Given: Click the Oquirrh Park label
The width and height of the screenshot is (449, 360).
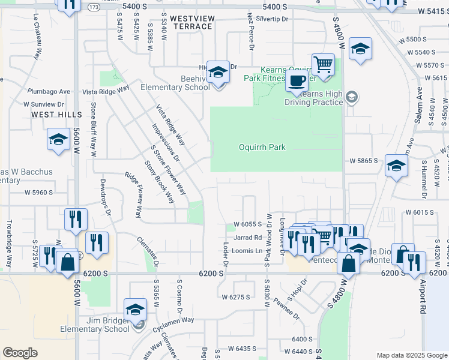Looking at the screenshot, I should (x=262, y=147).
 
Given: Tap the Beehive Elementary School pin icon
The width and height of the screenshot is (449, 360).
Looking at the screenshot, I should (x=218, y=72).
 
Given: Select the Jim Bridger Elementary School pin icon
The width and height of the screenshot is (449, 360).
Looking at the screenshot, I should (x=136, y=310).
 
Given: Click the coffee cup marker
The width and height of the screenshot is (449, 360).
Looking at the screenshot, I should (x=297, y=81).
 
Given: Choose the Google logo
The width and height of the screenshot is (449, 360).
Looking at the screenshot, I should (x=20, y=353).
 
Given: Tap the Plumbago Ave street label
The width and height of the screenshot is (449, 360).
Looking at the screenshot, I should (x=49, y=92).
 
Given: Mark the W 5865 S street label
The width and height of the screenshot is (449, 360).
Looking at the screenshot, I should (x=364, y=161).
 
